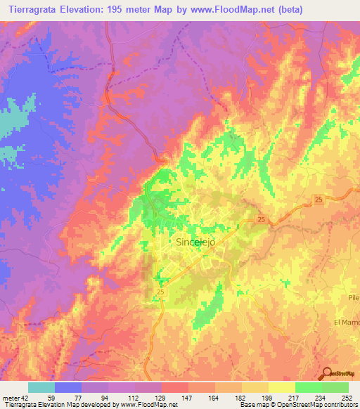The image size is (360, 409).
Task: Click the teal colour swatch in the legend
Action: click(41, 387)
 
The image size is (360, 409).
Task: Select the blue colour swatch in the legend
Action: click(68, 387)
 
